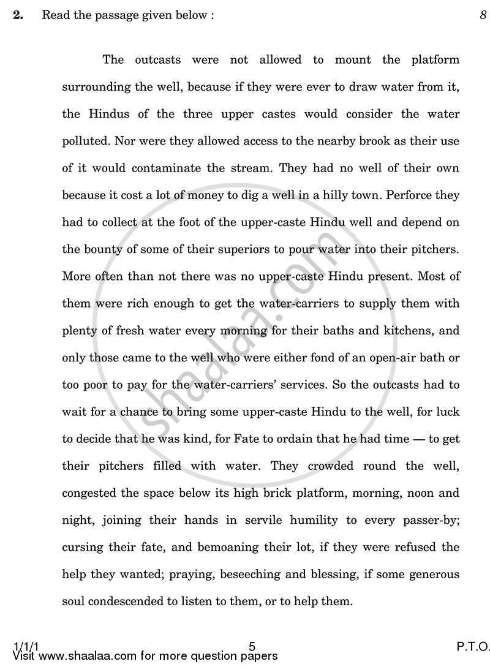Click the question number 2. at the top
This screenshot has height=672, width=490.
[18, 16]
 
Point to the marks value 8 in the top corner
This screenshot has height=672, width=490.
[483, 16]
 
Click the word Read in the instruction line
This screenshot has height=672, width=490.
[53, 16]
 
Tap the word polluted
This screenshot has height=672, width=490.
[83, 141]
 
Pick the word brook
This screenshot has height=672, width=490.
[347, 141]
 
